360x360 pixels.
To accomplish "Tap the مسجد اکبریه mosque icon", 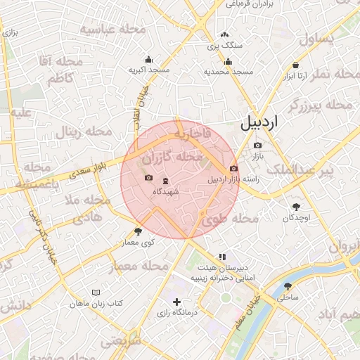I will click(148, 60).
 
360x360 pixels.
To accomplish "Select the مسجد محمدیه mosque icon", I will click(228, 61).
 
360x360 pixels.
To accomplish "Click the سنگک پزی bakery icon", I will click(224, 34).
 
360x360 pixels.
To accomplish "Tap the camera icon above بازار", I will click(257, 146).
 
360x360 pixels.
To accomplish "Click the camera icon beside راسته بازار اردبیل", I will click(233, 169).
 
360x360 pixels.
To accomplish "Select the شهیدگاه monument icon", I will click(165, 181).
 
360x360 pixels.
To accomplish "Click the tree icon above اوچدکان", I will click(295, 207).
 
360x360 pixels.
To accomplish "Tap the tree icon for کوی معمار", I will click(138, 231).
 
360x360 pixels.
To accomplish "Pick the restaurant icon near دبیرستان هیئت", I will click(222, 257).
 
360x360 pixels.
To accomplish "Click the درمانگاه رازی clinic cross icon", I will click(176, 301).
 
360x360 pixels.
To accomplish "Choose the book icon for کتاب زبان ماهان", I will click(96, 292).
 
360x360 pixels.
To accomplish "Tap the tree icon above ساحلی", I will click(288, 286).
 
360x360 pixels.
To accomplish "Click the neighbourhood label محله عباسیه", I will click(112, 30).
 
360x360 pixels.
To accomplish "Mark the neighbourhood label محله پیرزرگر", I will click(321, 105).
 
